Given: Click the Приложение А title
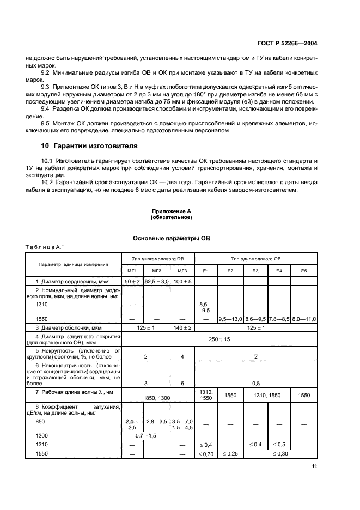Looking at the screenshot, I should (171, 211).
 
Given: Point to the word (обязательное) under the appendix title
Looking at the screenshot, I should (171, 217).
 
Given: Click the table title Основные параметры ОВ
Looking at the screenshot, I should (171, 239).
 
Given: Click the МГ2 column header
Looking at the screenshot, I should (156, 270).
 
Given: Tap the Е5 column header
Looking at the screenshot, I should (303, 270).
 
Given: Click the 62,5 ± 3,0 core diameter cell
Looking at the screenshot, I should (157, 281).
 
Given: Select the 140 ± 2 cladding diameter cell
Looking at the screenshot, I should (181, 328).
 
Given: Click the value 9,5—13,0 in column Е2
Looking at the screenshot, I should (230, 319).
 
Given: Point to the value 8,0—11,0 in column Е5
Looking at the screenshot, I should (304, 319).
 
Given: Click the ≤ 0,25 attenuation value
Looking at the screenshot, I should (230, 453).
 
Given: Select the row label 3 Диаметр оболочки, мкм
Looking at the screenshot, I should (66, 328).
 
